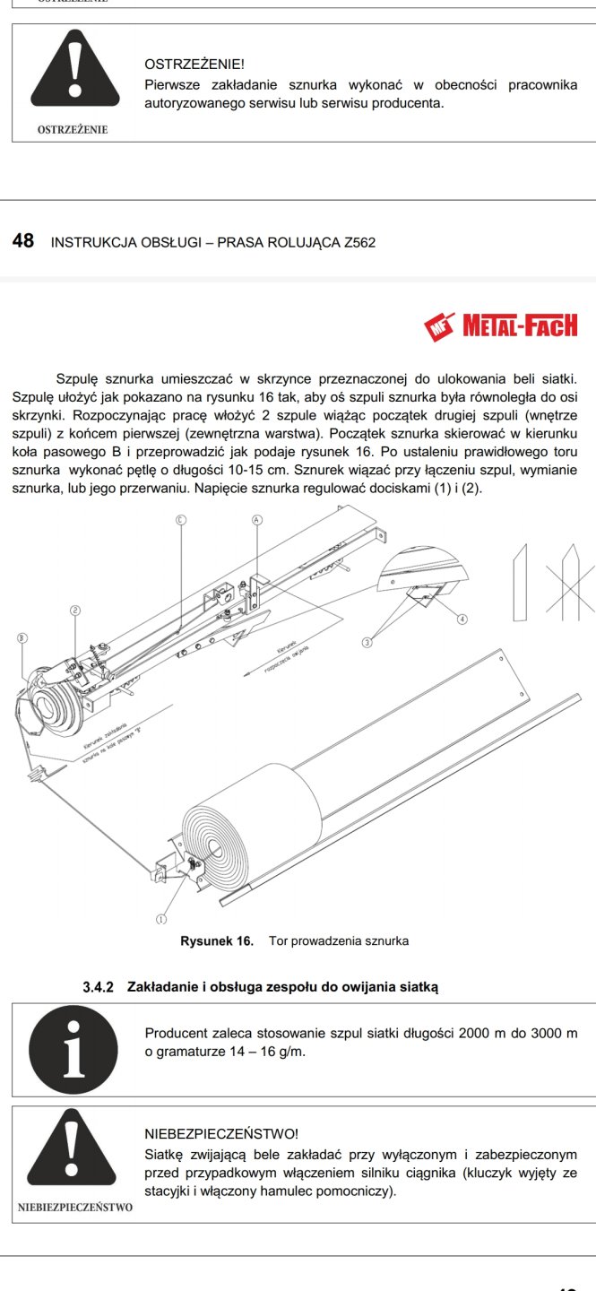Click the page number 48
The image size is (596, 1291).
coord(23,241)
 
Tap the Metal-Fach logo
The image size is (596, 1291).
coord(501,325)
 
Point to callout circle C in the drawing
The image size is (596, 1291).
coord(180,519)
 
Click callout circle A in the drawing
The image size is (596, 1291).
coord(256,519)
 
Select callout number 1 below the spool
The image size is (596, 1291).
coord(161,919)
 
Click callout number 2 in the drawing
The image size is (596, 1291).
coord(75,611)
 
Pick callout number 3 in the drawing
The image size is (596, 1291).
coord(367,641)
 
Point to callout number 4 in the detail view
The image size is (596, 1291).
coord(462,619)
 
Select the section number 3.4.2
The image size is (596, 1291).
coord(98,987)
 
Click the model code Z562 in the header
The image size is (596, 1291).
coord(358,242)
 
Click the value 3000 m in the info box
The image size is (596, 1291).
coord(553,1034)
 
